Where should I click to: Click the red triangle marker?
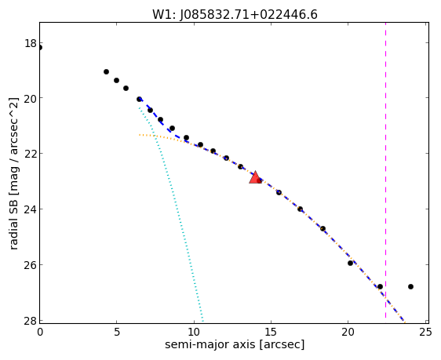pos(255,177)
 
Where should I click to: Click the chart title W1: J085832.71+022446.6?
pos(235,15)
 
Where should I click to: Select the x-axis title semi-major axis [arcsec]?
pos(235,344)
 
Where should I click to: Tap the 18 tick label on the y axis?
pos(30,44)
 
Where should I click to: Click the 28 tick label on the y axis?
pos(30,321)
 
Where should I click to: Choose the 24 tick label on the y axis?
pos(30,209)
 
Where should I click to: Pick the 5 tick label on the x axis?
pos(116,333)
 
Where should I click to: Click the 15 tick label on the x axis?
pos(271,333)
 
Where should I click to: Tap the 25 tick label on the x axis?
pos(425,333)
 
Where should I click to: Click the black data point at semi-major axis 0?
pos(40,48)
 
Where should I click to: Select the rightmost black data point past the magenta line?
pos(410,286)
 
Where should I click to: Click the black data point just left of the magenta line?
pos(380,286)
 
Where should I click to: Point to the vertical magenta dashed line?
pos(385,173)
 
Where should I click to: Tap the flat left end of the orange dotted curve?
pos(140,135)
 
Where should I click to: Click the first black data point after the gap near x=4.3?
pos(106,71)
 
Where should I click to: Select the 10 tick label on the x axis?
pos(194,333)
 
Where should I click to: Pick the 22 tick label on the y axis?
pos(30,154)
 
